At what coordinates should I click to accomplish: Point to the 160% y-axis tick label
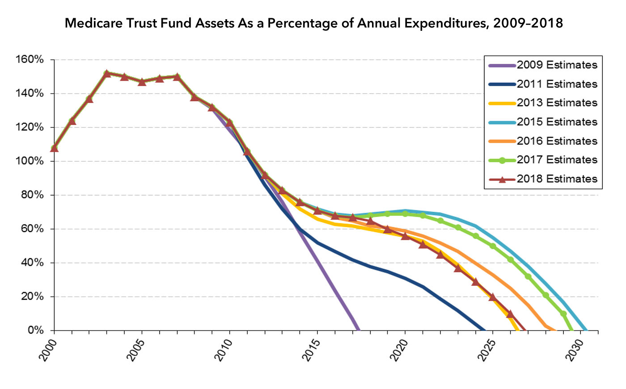29,60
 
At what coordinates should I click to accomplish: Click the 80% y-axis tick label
32,195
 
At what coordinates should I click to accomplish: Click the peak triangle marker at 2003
107,74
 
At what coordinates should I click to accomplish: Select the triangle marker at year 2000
54,148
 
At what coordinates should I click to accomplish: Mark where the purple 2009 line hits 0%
358,330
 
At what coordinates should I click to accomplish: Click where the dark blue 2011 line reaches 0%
484,330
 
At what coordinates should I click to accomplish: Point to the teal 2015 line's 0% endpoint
586,330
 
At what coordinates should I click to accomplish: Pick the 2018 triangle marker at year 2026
510,314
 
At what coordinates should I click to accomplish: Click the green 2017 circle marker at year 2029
563,314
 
